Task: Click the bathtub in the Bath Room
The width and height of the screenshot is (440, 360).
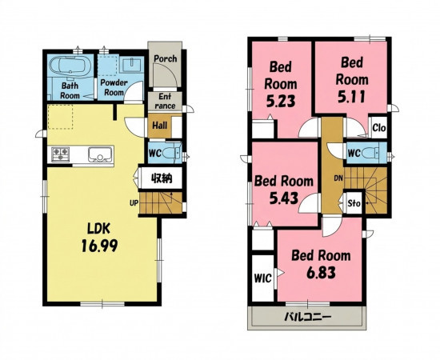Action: click(70, 66)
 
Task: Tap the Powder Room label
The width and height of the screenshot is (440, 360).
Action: click(114, 87)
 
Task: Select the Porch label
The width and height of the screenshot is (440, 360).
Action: click(166, 59)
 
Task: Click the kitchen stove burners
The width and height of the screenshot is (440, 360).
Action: click(60, 154)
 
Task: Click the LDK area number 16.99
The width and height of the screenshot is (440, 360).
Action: click(99, 246)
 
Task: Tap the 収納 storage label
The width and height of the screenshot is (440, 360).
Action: click(162, 178)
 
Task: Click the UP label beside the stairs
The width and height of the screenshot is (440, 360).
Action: click(134, 202)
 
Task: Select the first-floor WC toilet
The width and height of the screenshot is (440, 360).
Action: click(172, 154)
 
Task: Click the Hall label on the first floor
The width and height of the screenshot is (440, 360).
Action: click(160, 126)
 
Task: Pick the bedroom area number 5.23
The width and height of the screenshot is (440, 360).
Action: click(281, 102)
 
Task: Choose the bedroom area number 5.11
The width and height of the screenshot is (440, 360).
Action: click(352, 98)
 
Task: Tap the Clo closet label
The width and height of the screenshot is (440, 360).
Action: click(379, 128)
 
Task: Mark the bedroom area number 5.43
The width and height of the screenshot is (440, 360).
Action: click(284, 198)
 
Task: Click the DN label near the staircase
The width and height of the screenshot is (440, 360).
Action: click(339, 178)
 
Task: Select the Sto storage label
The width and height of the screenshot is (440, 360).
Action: click(354, 203)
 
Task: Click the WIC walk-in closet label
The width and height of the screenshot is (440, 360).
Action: click(263, 278)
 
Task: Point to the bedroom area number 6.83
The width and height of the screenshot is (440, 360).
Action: click(321, 273)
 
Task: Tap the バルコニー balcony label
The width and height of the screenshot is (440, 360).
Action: click(308, 318)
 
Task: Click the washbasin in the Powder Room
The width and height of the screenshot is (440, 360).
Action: click(132, 65)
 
